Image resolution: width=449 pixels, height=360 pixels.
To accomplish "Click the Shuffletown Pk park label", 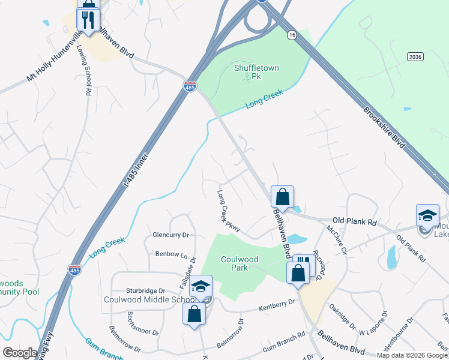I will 256,73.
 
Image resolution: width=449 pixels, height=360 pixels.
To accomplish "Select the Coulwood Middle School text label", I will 148,299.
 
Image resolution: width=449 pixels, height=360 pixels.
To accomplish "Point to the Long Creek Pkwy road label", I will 229,211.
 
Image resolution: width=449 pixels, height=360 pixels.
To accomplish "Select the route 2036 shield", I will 414,56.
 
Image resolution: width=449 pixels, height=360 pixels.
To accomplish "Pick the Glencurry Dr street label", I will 170,235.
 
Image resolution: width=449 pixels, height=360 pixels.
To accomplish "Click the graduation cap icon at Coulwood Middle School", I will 201,286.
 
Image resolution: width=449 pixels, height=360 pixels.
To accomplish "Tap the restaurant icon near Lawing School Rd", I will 88,20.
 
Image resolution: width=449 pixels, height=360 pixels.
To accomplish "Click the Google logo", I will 20,353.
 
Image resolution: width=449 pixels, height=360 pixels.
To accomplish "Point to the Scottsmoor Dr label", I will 143,324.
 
